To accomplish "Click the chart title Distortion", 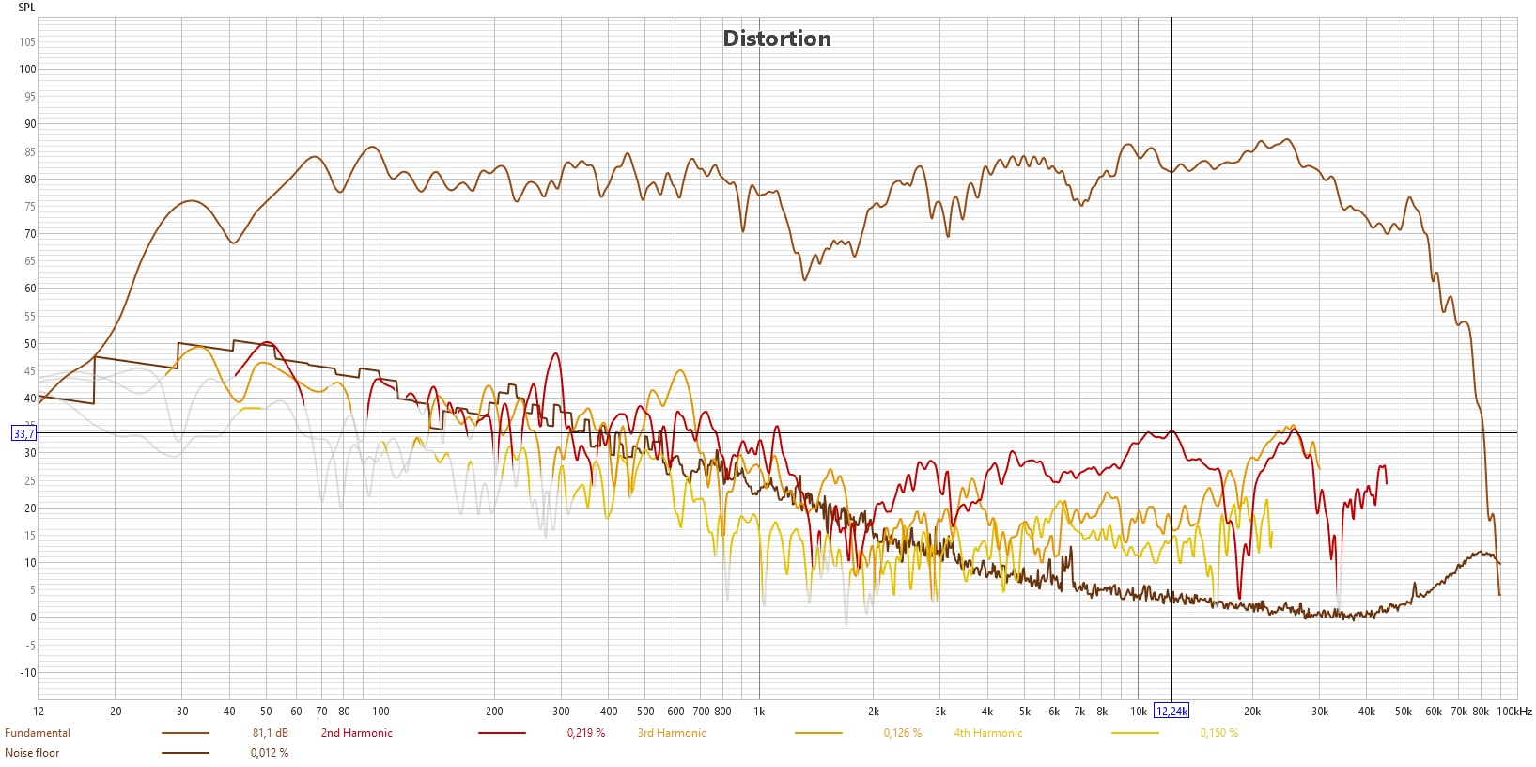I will click(776, 39).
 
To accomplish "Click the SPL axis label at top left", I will click(26, 8).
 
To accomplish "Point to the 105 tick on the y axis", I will click(26, 42).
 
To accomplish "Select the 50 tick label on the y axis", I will click(30, 344).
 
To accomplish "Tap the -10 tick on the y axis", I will click(28, 673).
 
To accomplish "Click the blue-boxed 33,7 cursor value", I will click(23, 433).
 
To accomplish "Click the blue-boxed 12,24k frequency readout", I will click(1171, 712).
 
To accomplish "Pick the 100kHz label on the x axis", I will click(1513, 712).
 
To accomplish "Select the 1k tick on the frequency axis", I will click(759, 712).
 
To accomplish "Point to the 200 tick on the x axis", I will click(494, 712).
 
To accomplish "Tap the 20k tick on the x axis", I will click(1251, 712).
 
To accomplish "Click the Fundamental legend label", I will click(38, 733).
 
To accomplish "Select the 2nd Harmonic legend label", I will click(357, 733).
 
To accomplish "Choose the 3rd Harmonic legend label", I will click(672, 733).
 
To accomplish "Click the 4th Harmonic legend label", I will click(988, 733).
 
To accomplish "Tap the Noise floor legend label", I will click(32, 753).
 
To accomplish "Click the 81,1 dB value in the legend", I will click(270, 733).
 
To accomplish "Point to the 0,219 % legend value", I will click(586, 733).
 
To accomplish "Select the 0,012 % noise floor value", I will click(270, 753).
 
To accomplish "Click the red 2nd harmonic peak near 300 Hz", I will click(556, 354).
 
